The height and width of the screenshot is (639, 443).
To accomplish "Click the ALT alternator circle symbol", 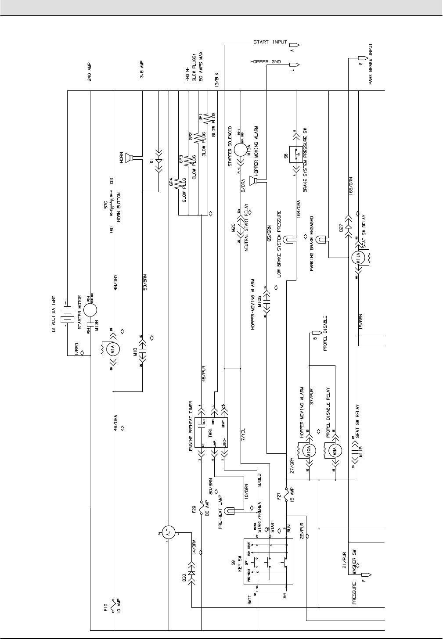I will (167, 532).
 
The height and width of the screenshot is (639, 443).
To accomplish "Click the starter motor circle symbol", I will (90, 309).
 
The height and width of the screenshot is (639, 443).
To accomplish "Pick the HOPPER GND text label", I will (265, 62).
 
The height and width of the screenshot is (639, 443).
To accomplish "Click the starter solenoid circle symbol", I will (241, 149).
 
